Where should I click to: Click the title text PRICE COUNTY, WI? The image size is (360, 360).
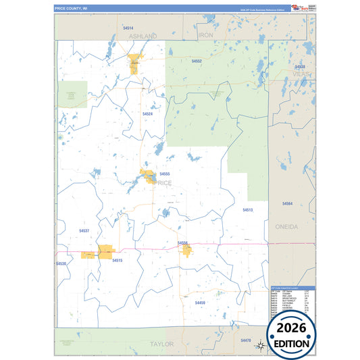pyautogui.click(x=71, y=9)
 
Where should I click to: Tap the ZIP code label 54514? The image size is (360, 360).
pyautogui.click(x=128, y=28)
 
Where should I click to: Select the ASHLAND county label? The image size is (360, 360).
pyautogui.click(x=143, y=35)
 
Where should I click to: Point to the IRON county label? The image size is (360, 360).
pyautogui.click(x=205, y=35)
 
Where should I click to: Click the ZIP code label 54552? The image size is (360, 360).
pyautogui.click(x=197, y=61)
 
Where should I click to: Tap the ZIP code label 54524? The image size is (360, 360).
pyautogui.click(x=147, y=114)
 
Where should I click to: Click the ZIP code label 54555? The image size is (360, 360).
pyautogui.click(x=165, y=174)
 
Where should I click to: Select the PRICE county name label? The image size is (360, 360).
pyautogui.click(x=163, y=183)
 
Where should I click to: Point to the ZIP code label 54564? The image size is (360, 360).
pyautogui.click(x=287, y=203)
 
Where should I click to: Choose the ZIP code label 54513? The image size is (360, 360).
pyautogui.click(x=247, y=210)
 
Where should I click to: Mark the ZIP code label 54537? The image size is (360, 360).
pyautogui.click(x=84, y=231)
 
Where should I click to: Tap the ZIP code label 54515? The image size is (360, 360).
pyautogui.click(x=118, y=260)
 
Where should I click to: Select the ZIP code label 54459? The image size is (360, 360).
pyautogui.click(x=200, y=302)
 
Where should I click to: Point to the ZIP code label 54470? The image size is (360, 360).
pyautogui.click(x=246, y=340)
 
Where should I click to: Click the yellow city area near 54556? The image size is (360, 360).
pyautogui.click(x=187, y=251)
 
